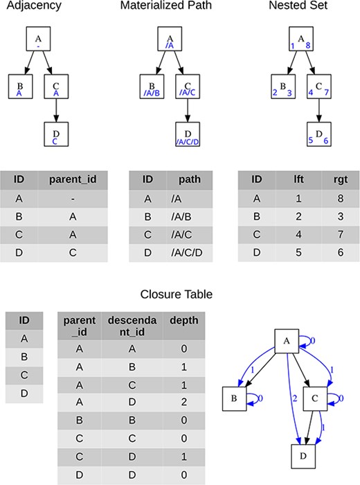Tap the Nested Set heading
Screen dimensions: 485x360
tap(299, 6)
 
